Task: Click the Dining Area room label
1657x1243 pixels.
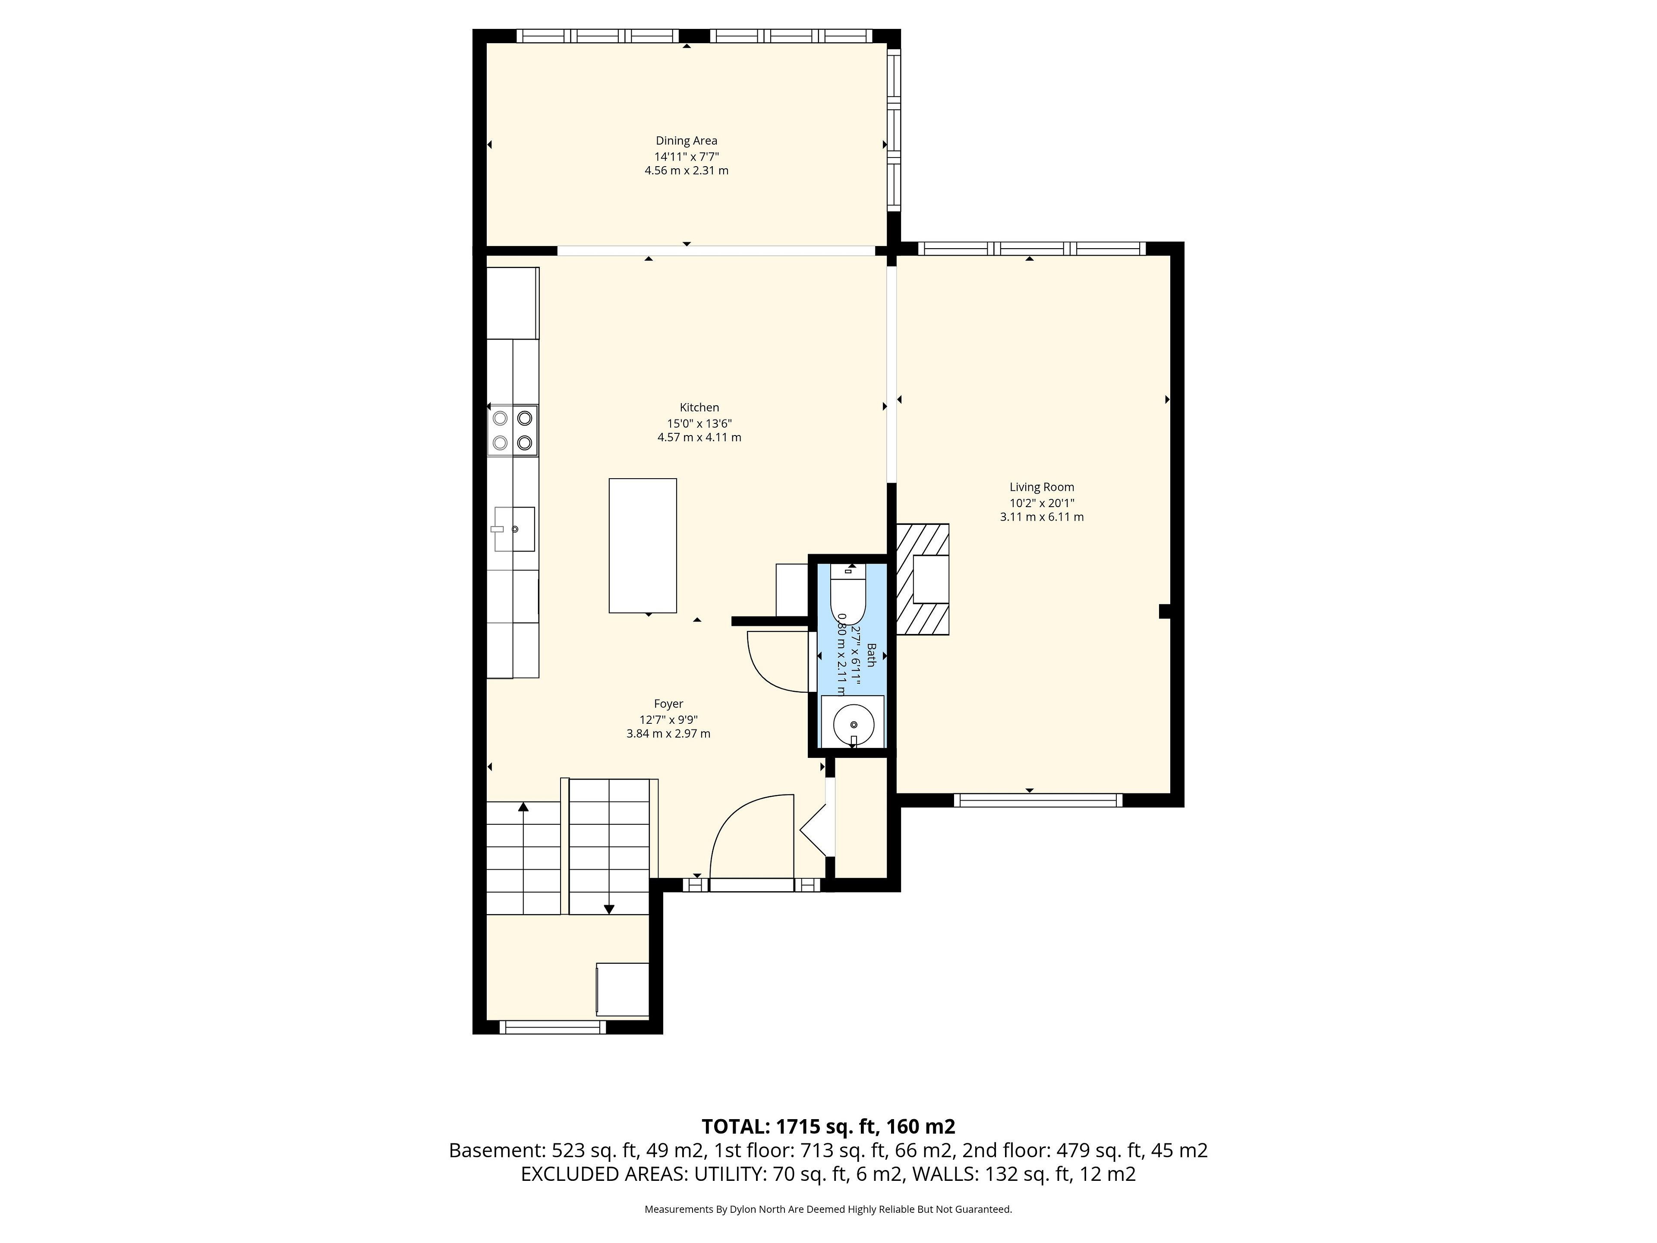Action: click(x=686, y=141)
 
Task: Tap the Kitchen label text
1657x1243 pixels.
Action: click(x=699, y=407)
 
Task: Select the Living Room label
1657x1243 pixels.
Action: click(x=1041, y=487)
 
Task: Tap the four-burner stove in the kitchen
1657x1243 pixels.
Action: click(x=512, y=430)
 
